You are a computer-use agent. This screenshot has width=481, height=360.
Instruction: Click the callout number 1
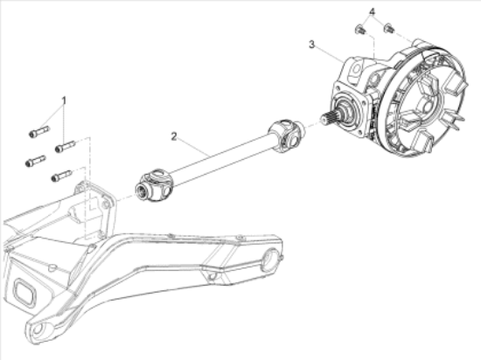tap(64, 100)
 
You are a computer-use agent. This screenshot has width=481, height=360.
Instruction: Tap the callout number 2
tap(174, 136)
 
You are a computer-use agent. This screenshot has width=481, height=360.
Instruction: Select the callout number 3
tap(311, 45)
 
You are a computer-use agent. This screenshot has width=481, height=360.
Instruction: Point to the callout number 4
tap(372, 12)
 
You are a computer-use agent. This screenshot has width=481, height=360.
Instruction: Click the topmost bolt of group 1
tap(39, 132)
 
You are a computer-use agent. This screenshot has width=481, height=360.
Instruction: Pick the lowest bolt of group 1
tap(62, 176)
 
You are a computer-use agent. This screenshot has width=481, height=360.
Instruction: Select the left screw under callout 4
tap(360, 30)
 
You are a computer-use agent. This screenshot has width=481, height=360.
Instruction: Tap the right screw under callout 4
tap(389, 28)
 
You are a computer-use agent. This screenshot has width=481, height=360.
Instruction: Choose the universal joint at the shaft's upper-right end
tap(286, 135)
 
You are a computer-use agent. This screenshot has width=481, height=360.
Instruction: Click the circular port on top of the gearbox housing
tap(356, 69)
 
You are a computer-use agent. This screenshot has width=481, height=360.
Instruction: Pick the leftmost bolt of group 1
tap(36, 161)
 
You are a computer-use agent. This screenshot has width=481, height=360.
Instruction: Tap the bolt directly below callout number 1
tap(65, 147)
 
